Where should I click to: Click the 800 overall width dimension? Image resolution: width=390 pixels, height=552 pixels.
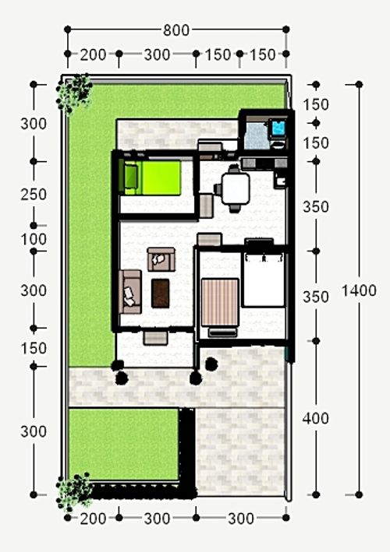coord(175,30)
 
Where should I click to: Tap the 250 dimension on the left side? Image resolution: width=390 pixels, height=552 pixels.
coord(34,194)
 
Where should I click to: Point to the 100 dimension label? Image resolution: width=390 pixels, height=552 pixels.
coord(34,239)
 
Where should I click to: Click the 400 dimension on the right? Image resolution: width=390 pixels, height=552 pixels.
coord(315,418)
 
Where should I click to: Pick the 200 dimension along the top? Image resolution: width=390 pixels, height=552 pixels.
coord(93,54)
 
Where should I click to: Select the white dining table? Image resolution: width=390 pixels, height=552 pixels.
coord(235,188)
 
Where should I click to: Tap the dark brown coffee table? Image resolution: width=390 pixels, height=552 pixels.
coord(161,292)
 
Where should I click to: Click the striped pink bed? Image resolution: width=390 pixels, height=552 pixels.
coord(219,302)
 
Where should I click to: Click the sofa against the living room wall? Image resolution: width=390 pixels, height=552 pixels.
coord(129,292)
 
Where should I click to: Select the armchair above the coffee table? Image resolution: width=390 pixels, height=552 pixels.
coord(161,258)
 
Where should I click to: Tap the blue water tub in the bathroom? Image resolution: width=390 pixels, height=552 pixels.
coord(278,128)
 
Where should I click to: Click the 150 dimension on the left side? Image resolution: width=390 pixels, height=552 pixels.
coord(34,348)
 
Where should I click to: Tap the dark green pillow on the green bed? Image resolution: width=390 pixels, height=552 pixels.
coord(130,178)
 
